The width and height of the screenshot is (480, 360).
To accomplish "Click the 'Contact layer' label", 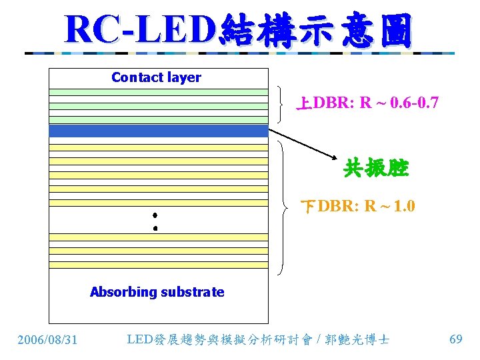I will tap(156, 77).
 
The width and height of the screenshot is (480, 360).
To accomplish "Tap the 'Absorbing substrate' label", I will tap(157, 292).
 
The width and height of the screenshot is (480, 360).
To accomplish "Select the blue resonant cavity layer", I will tap(158, 131).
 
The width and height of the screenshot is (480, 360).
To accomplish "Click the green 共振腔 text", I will tap(375, 169).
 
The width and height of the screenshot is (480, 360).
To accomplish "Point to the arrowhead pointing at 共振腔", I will tap(337, 159).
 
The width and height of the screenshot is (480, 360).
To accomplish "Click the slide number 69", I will tap(456, 339).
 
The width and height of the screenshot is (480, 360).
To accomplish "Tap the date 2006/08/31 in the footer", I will tap(47, 340).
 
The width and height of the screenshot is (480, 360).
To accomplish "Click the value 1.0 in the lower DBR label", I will tap(404, 206).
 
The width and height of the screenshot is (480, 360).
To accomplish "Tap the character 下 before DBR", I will tap(309, 206).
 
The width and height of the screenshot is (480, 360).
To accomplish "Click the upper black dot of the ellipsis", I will tap(154, 215).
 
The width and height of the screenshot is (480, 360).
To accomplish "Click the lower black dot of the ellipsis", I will tap(155, 229).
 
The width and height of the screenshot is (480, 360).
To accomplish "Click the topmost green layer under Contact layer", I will tap(158, 92).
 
